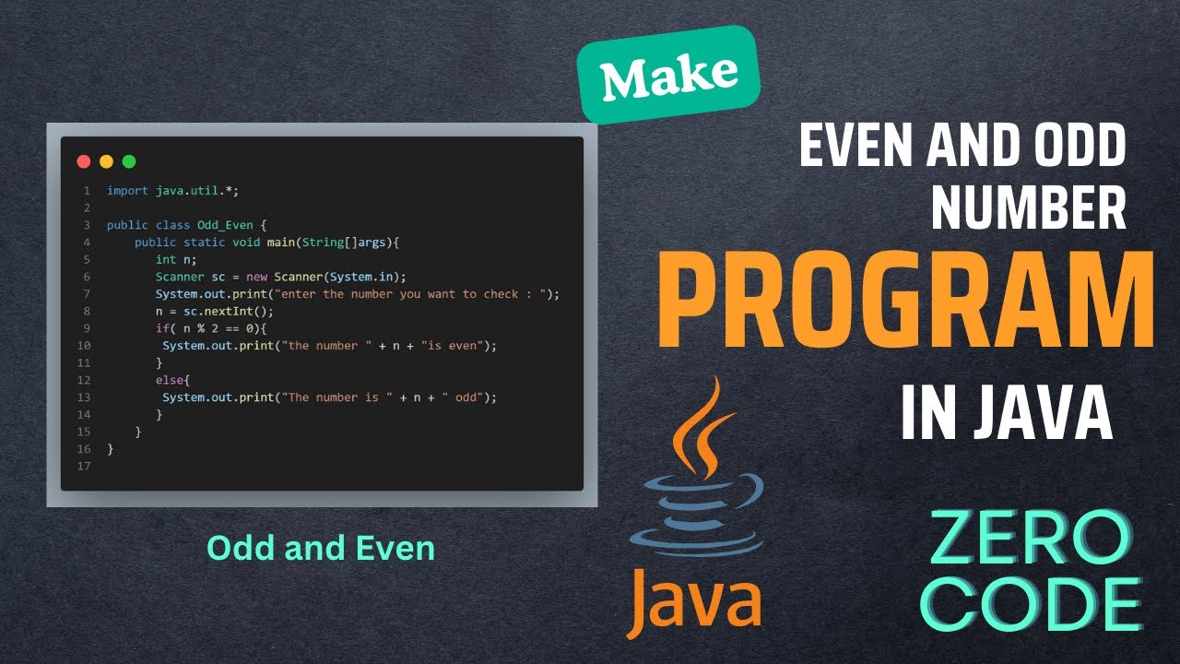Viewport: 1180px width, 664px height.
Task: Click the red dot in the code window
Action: pos(83,161)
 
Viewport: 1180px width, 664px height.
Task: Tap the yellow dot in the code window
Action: pos(106,161)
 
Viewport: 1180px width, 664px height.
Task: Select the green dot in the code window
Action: pos(129,161)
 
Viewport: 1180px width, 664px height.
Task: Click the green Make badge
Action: pos(669,76)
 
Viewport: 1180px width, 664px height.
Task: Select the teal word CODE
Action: pos(1043,604)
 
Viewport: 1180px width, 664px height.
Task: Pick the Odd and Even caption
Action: pos(320,548)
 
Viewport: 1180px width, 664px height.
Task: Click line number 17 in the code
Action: pos(84,466)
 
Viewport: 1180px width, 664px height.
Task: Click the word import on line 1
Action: pos(127,191)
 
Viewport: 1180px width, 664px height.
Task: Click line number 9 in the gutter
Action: pos(86,328)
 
